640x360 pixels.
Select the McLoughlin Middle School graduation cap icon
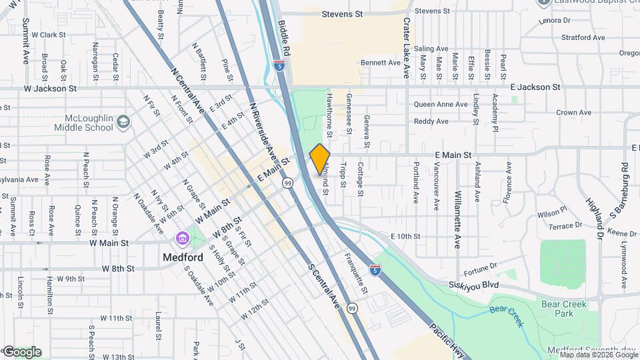123,122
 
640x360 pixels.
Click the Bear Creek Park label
565,309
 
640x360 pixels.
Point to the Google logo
21,352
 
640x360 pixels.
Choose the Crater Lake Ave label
406,40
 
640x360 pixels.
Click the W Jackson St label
50,87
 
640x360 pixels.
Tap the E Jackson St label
535,87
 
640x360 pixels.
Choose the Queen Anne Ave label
440,105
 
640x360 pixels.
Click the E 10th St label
405,237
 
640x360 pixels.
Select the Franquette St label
355,271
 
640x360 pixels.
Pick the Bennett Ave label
380,63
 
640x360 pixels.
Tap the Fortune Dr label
481,268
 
